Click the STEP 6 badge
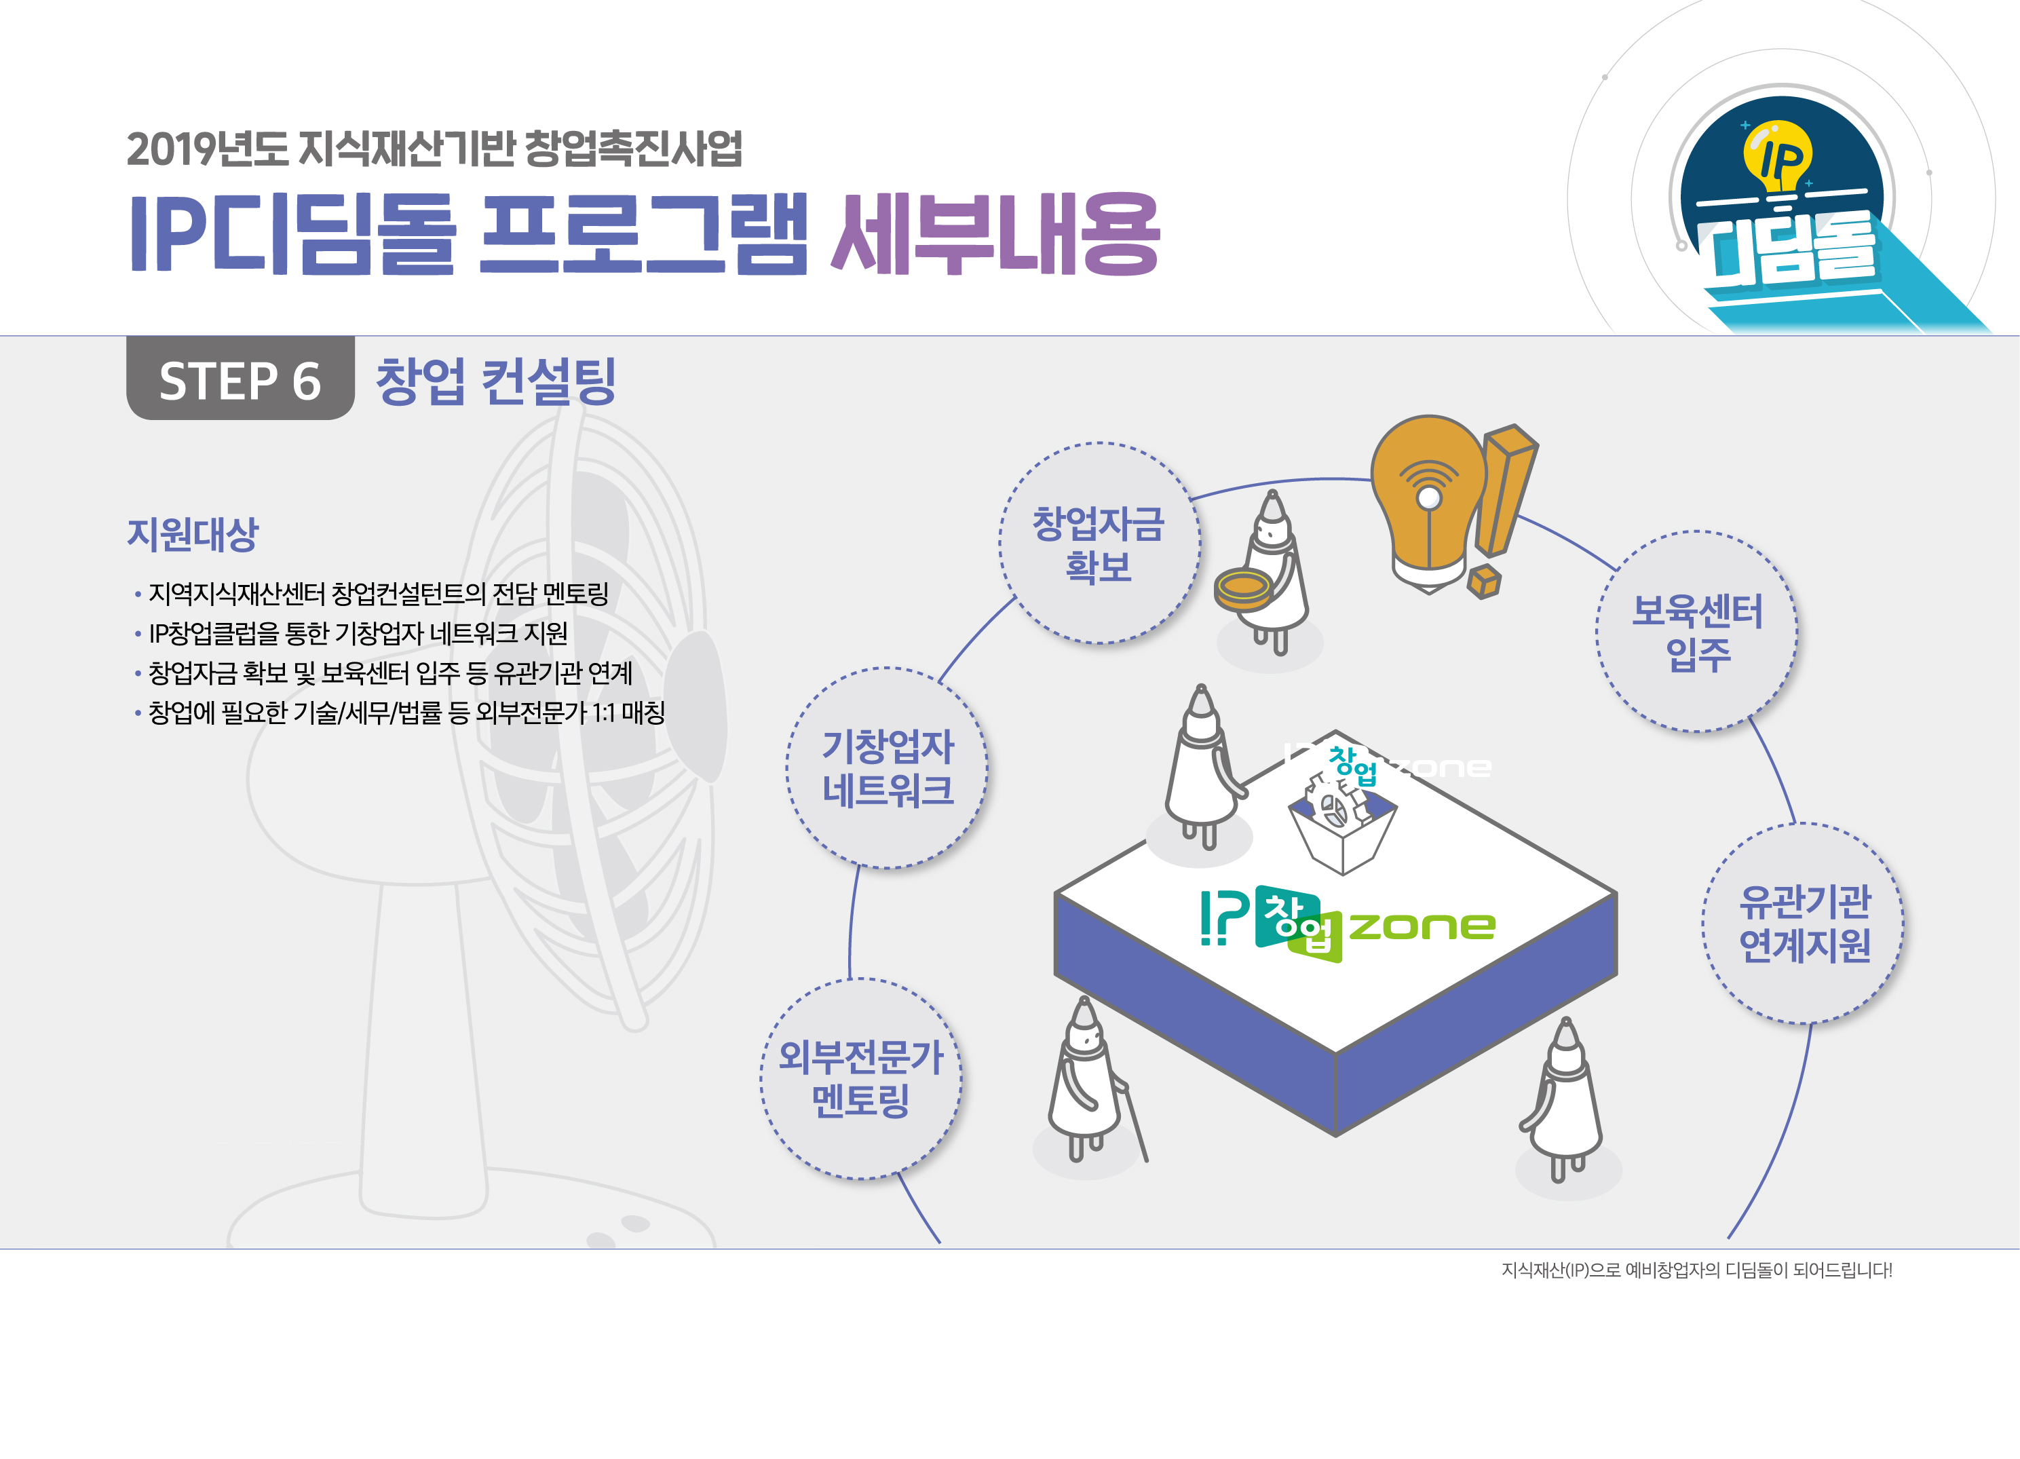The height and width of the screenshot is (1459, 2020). click(240, 379)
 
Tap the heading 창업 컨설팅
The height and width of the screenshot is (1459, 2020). click(496, 381)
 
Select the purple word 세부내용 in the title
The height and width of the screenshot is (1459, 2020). click(995, 233)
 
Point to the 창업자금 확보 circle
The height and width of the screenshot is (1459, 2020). click(1099, 544)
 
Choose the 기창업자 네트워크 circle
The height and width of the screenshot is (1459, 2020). click(887, 768)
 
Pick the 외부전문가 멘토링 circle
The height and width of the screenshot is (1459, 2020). click(861, 1079)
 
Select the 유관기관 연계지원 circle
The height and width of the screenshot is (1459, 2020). click(1804, 923)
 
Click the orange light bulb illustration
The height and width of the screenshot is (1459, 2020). click(1428, 502)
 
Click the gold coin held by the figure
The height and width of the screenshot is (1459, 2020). click(1243, 588)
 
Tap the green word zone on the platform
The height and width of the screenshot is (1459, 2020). click(1422, 926)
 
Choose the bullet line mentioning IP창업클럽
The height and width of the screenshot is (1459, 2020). click(351, 633)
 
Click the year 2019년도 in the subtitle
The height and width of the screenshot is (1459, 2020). click(208, 149)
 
